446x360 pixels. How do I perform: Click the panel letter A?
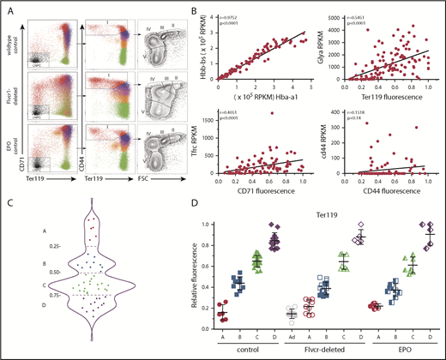[x=10, y=10]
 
